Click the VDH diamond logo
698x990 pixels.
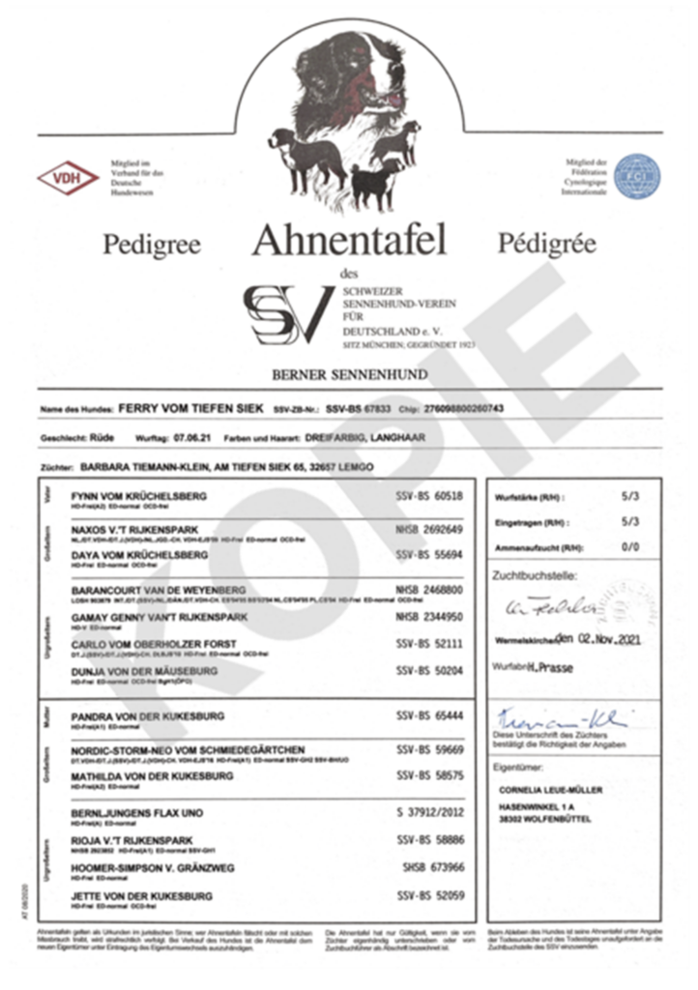68,178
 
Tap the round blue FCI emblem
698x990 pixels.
637,177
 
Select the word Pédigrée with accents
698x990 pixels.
547,244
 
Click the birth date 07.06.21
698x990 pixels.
192,437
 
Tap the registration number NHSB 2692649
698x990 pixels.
429,530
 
